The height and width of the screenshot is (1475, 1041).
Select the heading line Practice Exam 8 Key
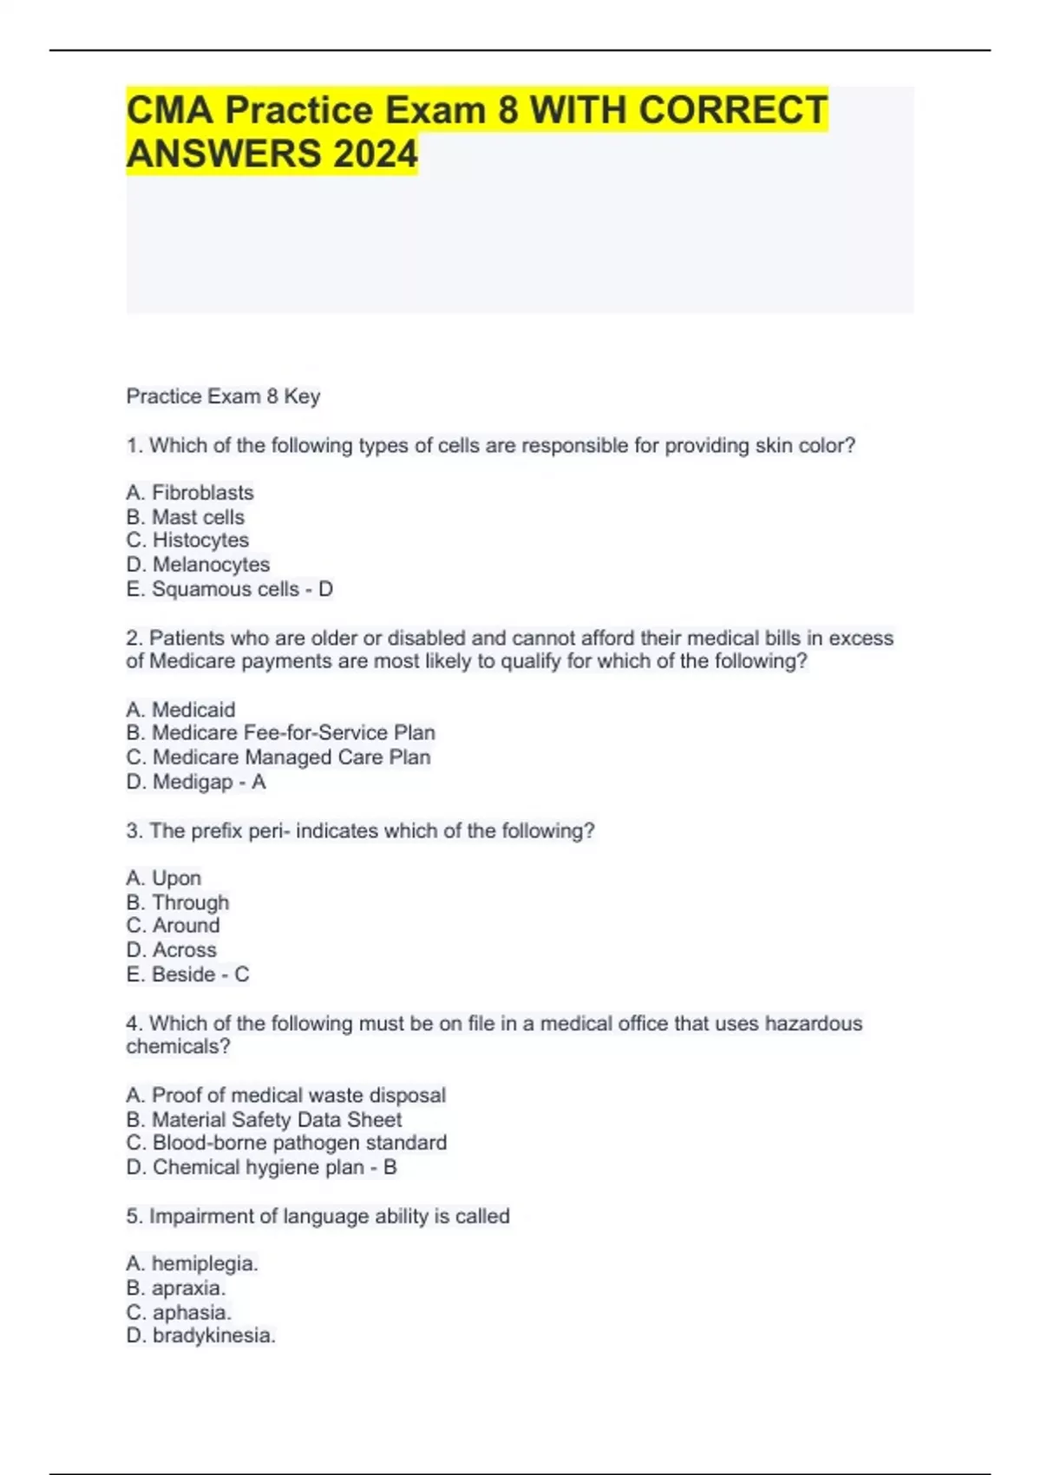[x=223, y=397]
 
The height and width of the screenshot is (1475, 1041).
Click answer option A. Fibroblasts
[x=190, y=493]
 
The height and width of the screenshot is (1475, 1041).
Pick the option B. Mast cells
[x=186, y=517]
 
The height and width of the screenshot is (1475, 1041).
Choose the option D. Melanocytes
[x=198, y=565]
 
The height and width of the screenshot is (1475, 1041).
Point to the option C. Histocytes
[x=187, y=541]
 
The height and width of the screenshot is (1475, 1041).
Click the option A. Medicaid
[x=180, y=710]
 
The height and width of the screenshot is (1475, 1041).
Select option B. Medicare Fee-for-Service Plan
[x=280, y=733]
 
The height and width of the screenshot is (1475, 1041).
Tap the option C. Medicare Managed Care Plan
[x=278, y=757]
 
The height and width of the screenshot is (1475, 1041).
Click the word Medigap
[x=193, y=782]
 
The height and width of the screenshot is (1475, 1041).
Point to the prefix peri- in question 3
[x=269, y=831]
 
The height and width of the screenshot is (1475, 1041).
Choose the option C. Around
[x=173, y=926]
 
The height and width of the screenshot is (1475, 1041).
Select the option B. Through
[x=178, y=902]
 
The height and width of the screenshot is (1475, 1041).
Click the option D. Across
[x=171, y=950]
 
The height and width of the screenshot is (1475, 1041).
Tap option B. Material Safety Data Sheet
[x=264, y=1120]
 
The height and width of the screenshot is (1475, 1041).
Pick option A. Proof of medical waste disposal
[x=285, y=1096]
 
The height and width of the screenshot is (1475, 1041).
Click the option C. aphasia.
[x=179, y=1313]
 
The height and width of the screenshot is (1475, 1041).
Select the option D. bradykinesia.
[x=200, y=1336]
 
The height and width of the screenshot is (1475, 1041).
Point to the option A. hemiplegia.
[x=192, y=1264]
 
